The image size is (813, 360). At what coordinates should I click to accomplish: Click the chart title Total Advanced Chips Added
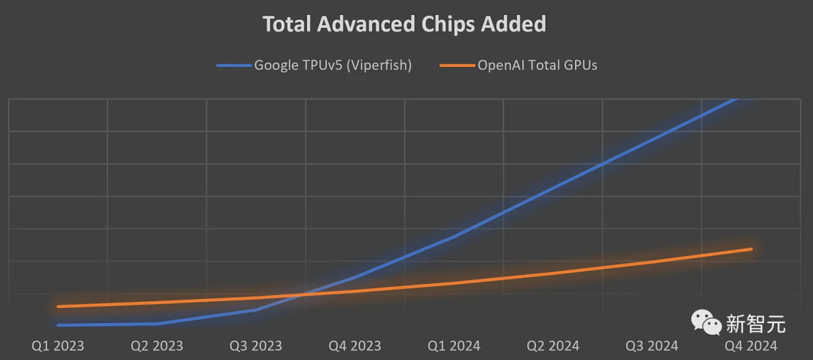tap(403, 24)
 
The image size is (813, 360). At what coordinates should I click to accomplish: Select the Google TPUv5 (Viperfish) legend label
tap(332, 65)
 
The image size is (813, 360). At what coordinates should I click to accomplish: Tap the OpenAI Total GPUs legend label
tap(537, 65)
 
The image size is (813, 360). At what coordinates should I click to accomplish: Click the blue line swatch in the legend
tap(233, 66)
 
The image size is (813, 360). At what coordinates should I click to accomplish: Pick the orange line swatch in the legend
tap(456, 66)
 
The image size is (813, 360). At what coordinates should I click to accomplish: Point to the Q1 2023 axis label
tap(58, 346)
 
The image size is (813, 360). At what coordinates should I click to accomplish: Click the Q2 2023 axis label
tap(157, 346)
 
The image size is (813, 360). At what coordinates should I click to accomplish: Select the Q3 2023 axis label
tap(256, 346)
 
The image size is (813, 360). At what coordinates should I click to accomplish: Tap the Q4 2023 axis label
tap(355, 346)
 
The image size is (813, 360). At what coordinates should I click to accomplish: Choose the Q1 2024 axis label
tap(454, 346)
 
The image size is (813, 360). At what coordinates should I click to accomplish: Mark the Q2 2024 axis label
tap(553, 346)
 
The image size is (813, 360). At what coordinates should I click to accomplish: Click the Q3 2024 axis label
tap(652, 346)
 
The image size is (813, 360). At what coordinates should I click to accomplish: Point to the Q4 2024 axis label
tap(751, 346)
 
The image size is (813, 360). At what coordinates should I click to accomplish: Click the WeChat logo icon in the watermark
tap(706, 323)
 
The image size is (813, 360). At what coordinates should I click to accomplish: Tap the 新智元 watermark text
tap(756, 324)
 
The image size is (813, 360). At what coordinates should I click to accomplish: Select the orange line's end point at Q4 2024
tap(751, 249)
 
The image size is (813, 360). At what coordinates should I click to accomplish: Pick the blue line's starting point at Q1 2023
tap(58, 325)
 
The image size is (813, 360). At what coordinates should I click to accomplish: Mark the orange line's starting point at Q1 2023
tap(58, 307)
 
